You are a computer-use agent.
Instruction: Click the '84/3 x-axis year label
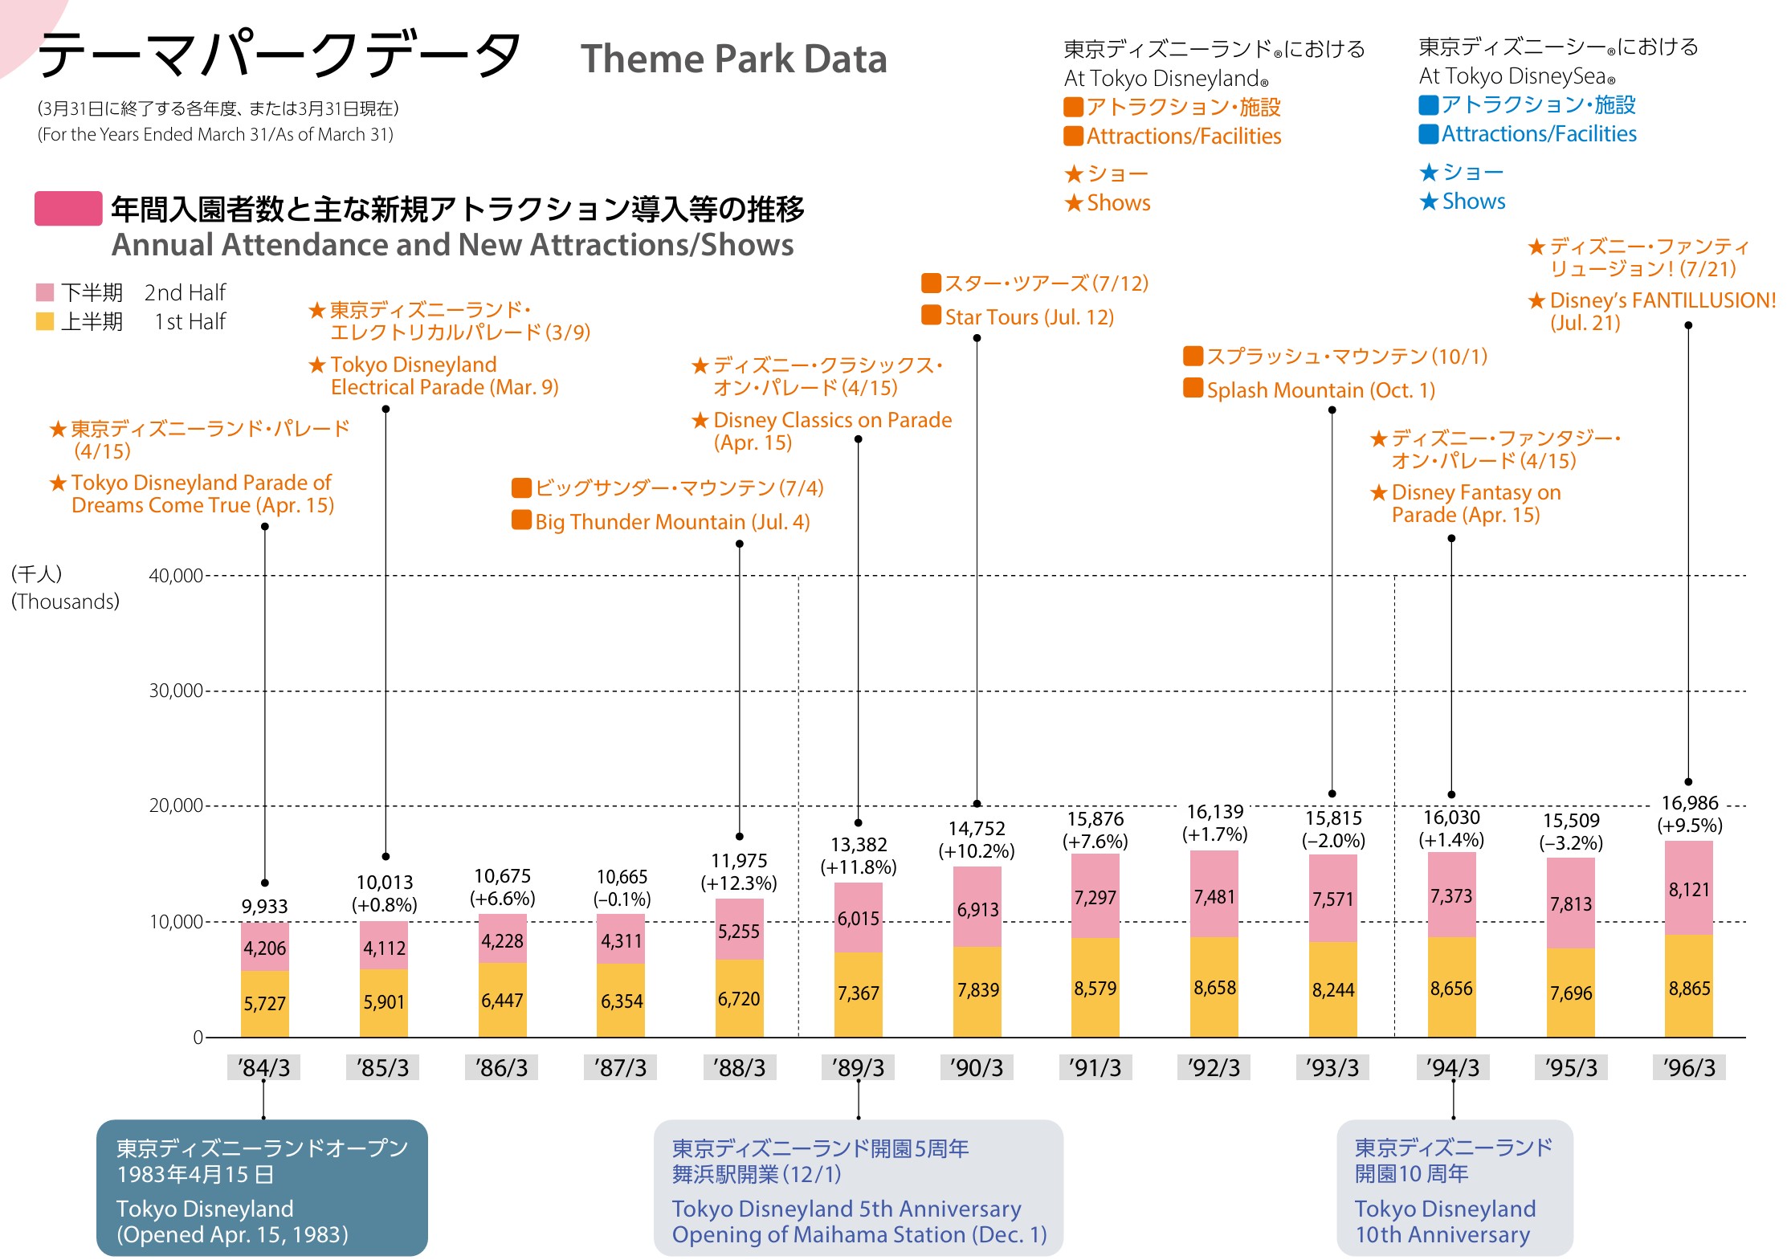[x=263, y=1067]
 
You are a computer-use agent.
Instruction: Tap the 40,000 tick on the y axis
[x=176, y=575]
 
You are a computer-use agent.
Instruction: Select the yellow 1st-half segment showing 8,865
[x=1689, y=987]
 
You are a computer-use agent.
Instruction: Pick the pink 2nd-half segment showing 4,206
[x=264, y=948]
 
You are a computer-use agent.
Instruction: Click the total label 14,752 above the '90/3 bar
[x=976, y=829]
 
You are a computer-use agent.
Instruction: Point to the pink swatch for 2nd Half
[x=45, y=292]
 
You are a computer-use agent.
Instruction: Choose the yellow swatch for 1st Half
[x=45, y=322]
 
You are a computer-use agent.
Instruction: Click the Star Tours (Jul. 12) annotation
[x=1029, y=317]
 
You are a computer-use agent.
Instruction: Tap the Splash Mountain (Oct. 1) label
[x=1320, y=390]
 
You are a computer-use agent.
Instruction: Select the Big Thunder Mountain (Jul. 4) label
[x=671, y=522]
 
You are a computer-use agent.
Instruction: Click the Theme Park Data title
[x=733, y=59]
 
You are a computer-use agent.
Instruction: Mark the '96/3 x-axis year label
[x=1689, y=1067]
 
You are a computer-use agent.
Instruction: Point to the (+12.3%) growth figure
[x=739, y=883]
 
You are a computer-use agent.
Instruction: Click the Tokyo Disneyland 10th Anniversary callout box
[x=1454, y=1188]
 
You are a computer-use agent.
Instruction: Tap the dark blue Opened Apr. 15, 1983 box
[x=262, y=1188]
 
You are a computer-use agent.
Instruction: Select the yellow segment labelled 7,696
[x=1571, y=993]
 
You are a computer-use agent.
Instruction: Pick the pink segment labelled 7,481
[x=1214, y=896]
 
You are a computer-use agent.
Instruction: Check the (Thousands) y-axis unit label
[x=65, y=601]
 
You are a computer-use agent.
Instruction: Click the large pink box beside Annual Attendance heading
[x=68, y=209]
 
